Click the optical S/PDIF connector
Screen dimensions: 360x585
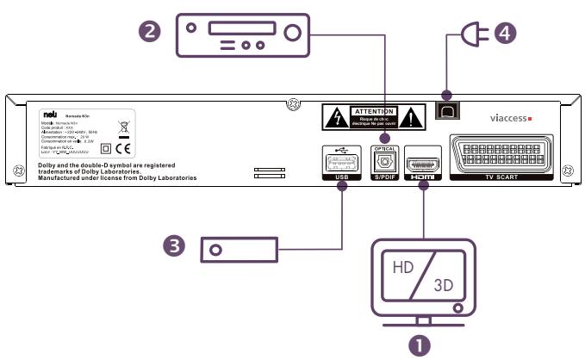pyautogui.click(x=383, y=162)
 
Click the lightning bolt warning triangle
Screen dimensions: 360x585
pyautogui.click(x=338, y=115)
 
